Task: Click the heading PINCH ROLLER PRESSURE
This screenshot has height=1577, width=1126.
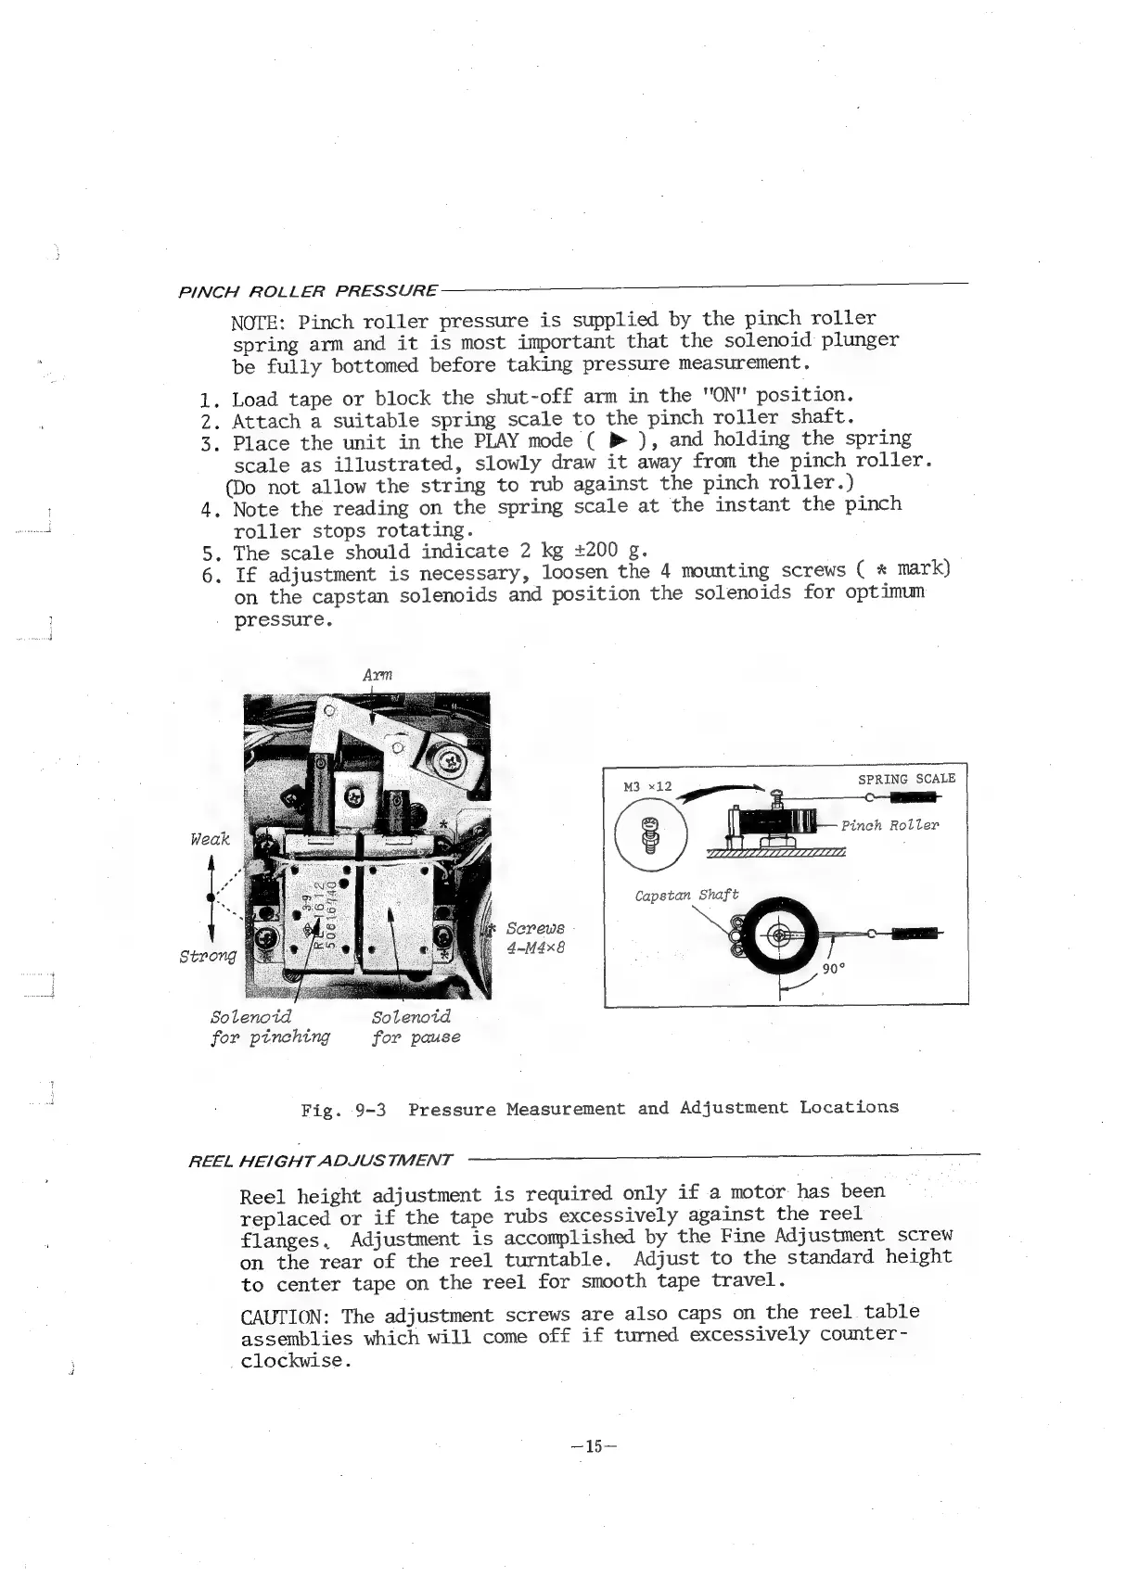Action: click(x=307, y=291)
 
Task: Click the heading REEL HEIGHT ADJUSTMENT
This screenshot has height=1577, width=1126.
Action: click(x=320, y=1160)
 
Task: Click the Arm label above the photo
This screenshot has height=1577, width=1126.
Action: click(x=378, y=674)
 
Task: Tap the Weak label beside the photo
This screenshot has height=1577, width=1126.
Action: click(x=209, y=839)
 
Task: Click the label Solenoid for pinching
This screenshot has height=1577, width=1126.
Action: click(x=270, y=1026)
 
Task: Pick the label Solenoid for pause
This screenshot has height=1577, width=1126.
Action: click(x=415, y=1026)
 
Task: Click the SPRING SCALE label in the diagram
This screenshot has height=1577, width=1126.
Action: click(x=906, y=779)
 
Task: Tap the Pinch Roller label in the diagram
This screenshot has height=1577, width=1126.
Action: click(x=889, y=825)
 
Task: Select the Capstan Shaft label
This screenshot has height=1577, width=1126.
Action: click(x=686, y=895)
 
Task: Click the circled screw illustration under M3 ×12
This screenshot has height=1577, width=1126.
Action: click(x=649, y=828)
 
